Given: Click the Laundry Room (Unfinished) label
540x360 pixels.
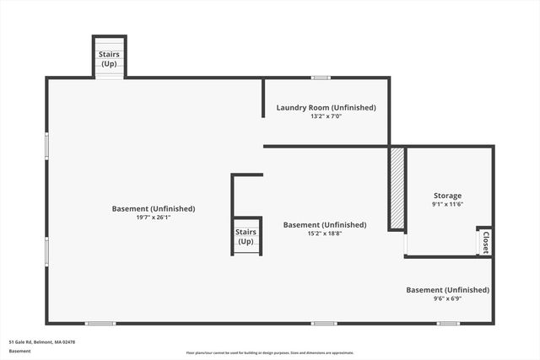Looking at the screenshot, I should [x=326, y=108].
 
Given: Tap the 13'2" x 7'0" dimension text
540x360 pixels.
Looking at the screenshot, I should [x=326, y=116].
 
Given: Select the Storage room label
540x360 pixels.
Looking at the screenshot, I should [x=447, y=196].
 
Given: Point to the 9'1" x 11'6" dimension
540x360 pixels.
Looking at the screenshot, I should [x=447, y=204].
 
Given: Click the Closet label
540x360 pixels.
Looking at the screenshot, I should [x=485, y=242].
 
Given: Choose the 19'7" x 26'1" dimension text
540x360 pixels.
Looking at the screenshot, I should [x=154, y=218].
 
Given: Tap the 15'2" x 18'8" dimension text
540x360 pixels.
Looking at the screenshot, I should [x=325, y=234].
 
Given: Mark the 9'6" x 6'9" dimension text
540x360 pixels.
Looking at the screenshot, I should [x=447, y=298].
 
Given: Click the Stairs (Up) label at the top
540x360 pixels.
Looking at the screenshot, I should [x=110, y=59].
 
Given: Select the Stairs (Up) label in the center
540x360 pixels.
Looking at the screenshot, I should [x=246, y=237].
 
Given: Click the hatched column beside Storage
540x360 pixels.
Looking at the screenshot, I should [x=397, y=188].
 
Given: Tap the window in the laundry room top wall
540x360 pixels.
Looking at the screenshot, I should [x=321, y=78].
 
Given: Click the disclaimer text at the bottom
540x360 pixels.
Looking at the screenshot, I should [x=270, y=352].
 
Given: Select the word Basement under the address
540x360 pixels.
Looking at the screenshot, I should [x=21, y=351].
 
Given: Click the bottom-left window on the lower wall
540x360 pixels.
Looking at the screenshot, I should [x=100, y=323].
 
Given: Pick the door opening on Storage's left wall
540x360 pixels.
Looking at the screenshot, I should [x=406, y=244].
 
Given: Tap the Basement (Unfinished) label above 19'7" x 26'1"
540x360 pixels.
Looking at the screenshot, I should [x=154, y=209].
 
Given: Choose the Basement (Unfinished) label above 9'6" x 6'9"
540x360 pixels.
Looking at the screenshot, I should [x=447, y=290].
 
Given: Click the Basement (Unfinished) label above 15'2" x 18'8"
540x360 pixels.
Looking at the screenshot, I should [x=325, y=225].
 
